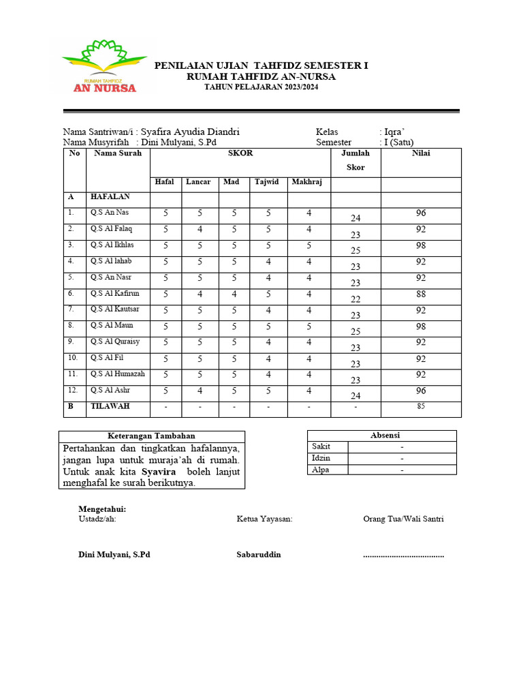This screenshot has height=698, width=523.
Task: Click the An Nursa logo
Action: click(104, 66)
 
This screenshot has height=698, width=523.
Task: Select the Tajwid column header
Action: click(268, 182)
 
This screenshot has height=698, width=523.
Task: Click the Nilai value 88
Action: click(421, 294)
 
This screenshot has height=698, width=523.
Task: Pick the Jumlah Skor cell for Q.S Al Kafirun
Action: click(355, 299)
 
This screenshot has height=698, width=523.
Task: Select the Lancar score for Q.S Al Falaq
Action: click(200, 230)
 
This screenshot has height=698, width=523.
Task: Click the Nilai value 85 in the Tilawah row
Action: click(421, 408)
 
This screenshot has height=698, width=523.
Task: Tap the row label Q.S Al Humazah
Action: click(117, 374)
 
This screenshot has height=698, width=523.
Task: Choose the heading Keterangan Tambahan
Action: click(152, 436)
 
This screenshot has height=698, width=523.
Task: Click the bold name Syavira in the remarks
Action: click(159, 472)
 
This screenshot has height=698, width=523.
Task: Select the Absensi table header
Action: click(385, 435)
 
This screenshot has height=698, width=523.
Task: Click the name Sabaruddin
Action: click(259, 555)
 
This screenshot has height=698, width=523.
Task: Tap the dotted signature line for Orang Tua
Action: click(403, 556)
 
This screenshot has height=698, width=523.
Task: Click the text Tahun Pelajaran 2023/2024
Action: click(261, 87)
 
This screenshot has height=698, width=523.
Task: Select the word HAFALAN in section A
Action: click(110, 196)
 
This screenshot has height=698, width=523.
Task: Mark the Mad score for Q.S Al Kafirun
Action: click(234, 294)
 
